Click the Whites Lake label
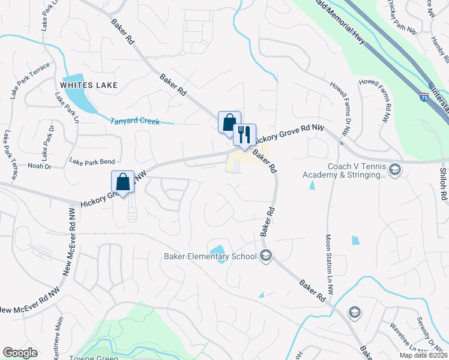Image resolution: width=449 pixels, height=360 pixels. click(x=89, y=85)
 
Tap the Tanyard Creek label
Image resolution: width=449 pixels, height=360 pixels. click(x=135, y=121)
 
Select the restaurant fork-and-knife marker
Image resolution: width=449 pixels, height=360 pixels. click(x=244, y=134)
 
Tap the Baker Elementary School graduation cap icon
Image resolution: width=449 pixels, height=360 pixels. click(x=266, y=256)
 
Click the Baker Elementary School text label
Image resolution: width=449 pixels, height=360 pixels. click(x=210, y=257)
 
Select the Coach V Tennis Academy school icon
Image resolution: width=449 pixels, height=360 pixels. click(x=395, y=171)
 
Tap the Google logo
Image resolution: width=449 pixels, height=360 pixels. click(x=20, y=353)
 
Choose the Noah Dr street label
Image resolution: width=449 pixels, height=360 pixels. click(x=40, y=166)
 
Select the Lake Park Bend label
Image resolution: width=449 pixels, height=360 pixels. click(x=91, y=161)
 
